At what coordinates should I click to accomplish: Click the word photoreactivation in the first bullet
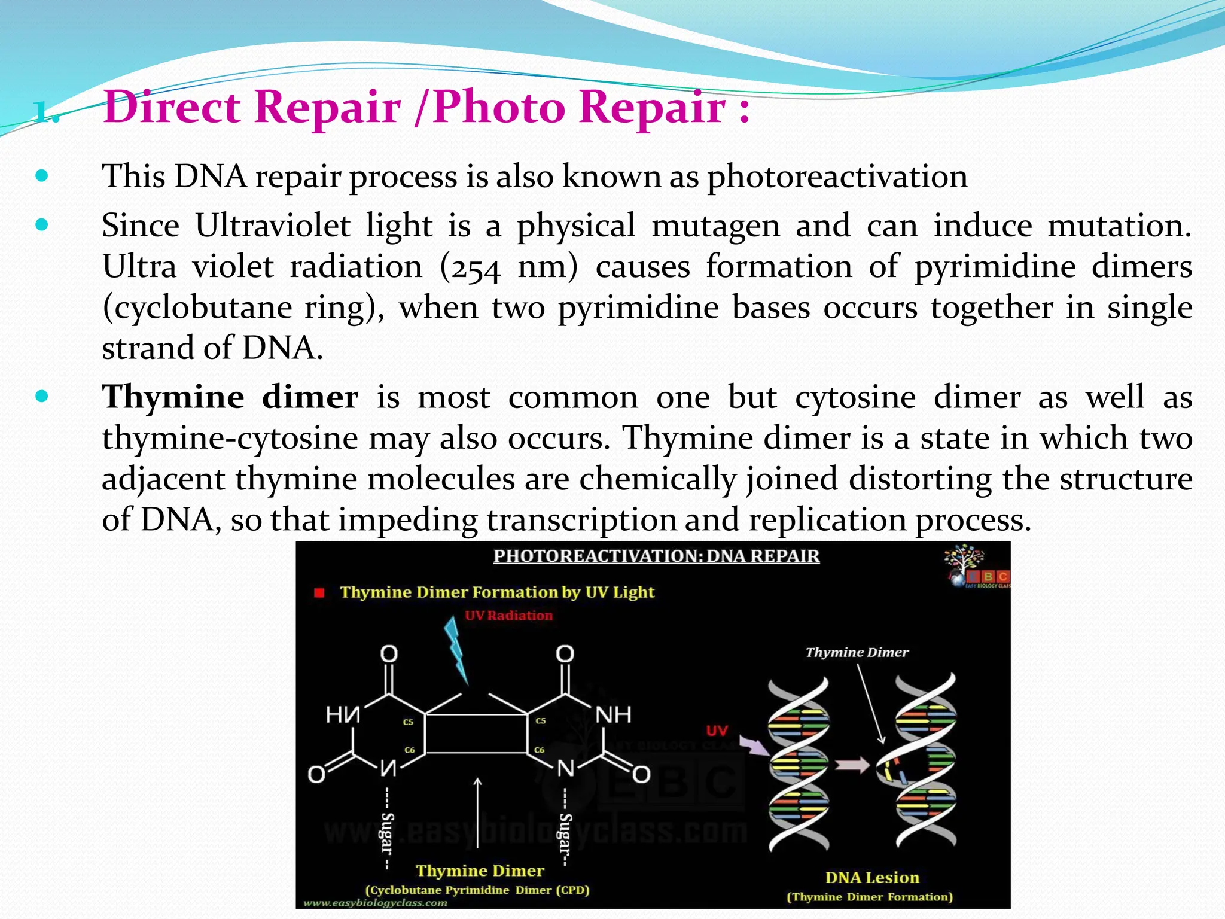click(x=837, y=177)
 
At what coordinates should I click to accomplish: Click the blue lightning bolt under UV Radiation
click(x=458, y=650)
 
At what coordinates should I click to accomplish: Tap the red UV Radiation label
click(x=508, y=616)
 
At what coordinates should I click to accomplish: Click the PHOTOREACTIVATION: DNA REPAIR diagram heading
click(x=656, y=556)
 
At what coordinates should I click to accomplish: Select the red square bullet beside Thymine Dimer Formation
click(x=319, y=592)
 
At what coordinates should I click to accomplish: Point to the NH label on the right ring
click(x=613, y=714)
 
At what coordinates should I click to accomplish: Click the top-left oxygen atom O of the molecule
click(x=389, y=653)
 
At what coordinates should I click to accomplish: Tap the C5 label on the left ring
click(x=408, y=722)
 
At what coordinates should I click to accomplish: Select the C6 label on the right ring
click(x=540, y=750)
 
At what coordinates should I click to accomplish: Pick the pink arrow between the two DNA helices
click(x=852, y=765)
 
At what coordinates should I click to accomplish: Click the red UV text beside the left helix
click(x=717, y=731)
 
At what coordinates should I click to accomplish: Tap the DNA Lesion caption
click(x=872, y=878)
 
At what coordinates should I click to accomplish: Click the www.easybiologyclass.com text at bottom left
click(x=376, y=903)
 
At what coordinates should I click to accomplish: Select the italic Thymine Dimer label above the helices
click(x=857, y=652)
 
